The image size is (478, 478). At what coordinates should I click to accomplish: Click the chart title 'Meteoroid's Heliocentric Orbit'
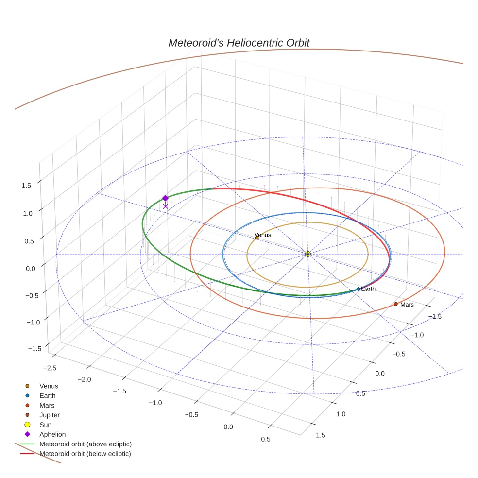click(239, 43)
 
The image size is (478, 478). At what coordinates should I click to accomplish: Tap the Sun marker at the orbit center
click(307, 254)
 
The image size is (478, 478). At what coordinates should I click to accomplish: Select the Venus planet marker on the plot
click(256, 238)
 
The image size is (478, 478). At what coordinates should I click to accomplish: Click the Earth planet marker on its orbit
click(358, 289)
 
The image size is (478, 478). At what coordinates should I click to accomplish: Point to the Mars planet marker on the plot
click(395, 304)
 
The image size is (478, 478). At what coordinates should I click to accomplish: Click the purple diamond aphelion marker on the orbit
click(165, 198)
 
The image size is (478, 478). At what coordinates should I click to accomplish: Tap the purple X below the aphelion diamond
click(165, 206)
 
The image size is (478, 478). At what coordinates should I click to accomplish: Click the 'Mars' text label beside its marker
click(407, 305)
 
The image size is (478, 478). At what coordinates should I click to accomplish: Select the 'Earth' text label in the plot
click(369, 289)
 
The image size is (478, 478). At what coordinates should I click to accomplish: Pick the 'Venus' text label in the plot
click(263, 235)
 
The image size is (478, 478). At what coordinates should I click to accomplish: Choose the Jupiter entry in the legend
click(50, 415)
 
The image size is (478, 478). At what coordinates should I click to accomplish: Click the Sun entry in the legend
click(45, 425)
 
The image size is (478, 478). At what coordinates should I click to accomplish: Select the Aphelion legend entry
click(52, 434)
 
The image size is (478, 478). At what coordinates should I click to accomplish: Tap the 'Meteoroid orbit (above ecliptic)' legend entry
click(85, 444)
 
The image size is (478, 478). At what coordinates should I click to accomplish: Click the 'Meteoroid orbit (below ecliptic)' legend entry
click(85, 454)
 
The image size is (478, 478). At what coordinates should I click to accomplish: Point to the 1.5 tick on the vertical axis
click(26, 185)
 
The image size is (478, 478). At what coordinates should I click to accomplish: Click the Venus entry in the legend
click(49, 386)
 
